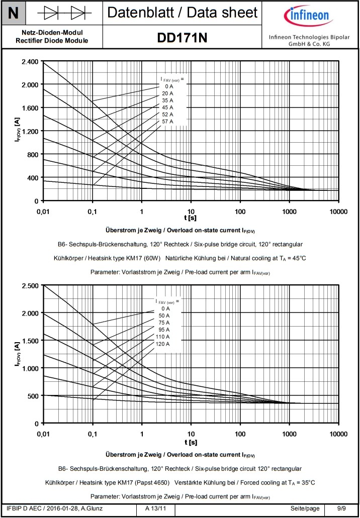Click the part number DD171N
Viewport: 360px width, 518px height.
click(182, 38)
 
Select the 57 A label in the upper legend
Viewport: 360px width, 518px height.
click(167, 121)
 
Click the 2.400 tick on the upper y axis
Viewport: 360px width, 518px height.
click(30, 62)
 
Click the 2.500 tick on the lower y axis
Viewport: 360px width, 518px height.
click(30, 285)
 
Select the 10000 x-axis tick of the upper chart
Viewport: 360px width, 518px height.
click(338, 212)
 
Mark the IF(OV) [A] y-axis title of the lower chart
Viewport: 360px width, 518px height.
click(18, 356)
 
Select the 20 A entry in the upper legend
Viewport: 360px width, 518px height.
click(167, 93)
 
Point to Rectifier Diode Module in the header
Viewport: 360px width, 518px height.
click(52, 41)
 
